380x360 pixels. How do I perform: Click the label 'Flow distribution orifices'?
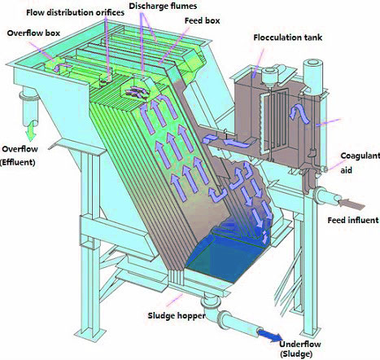pos(75,12)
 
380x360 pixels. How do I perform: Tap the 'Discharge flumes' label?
pos(163,6)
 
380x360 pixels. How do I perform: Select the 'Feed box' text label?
pos(203,20)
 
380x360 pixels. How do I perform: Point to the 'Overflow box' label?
pos(33,33)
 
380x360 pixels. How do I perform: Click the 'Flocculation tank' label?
pos(288,37)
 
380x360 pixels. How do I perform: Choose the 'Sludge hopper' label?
pos(177,316)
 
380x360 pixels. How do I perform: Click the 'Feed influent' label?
pos(353,220)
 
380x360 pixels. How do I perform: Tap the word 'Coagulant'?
pos(360,156)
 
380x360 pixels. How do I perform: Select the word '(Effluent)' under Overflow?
pos(18,163)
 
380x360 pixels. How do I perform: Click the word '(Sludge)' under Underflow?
pos(296,354)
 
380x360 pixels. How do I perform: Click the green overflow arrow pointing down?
pos(31,131)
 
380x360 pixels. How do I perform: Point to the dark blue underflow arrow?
pos(270,335)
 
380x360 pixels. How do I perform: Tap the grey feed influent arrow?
pos(351,204)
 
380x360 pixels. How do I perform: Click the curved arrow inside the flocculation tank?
pos(299,114)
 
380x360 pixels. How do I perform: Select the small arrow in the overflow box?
pos(59,68)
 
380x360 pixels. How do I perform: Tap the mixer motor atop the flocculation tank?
pos(269,74)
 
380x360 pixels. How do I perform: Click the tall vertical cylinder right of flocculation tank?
pos(312,75)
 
